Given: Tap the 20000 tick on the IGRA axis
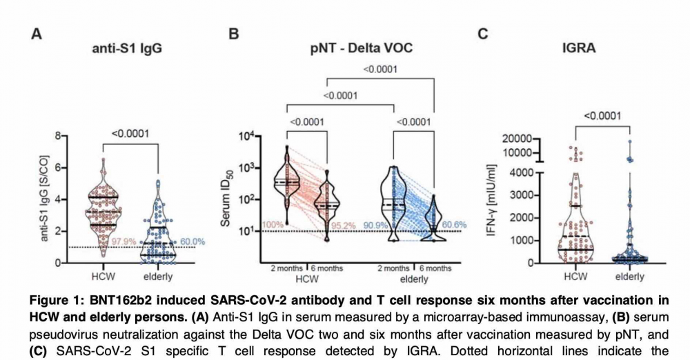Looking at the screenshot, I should point(520,139).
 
